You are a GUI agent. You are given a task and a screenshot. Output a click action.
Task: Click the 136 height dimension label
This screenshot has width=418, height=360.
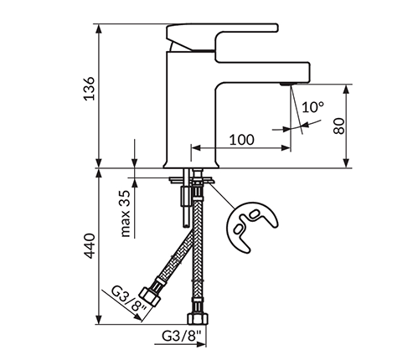click(x=90, y=88)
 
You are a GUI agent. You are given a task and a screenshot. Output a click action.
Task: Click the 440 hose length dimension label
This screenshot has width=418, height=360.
click(x=90, y=246)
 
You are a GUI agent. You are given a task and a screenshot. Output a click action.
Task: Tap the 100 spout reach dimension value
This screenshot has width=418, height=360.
click(x=242, y=140)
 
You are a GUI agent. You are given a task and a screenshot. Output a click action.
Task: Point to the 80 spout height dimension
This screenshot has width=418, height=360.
click(x=339, y=126)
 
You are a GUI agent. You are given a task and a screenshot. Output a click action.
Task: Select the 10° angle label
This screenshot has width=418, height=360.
click(x=312, y=107)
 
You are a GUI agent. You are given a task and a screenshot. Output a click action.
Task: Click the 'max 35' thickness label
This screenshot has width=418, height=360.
click(x=126, y=213)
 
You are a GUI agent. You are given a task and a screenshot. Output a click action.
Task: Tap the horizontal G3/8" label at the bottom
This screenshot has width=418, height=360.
click(x=182, y=336)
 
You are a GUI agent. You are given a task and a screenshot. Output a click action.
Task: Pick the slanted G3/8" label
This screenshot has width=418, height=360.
click(x=129, y=301)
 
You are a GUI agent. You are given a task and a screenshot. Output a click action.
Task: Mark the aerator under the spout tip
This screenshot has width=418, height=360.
click(x=286, y=84)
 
